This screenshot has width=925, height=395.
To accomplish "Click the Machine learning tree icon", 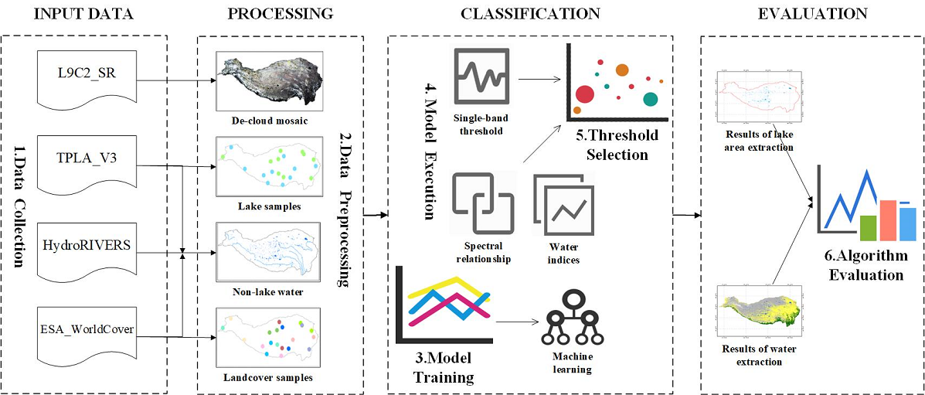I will [571, 318].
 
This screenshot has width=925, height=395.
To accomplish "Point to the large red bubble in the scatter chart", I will [585, 94].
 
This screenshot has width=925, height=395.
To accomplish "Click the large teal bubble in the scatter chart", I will [650, 98].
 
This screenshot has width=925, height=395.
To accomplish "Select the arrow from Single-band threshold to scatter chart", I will [539, 77].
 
